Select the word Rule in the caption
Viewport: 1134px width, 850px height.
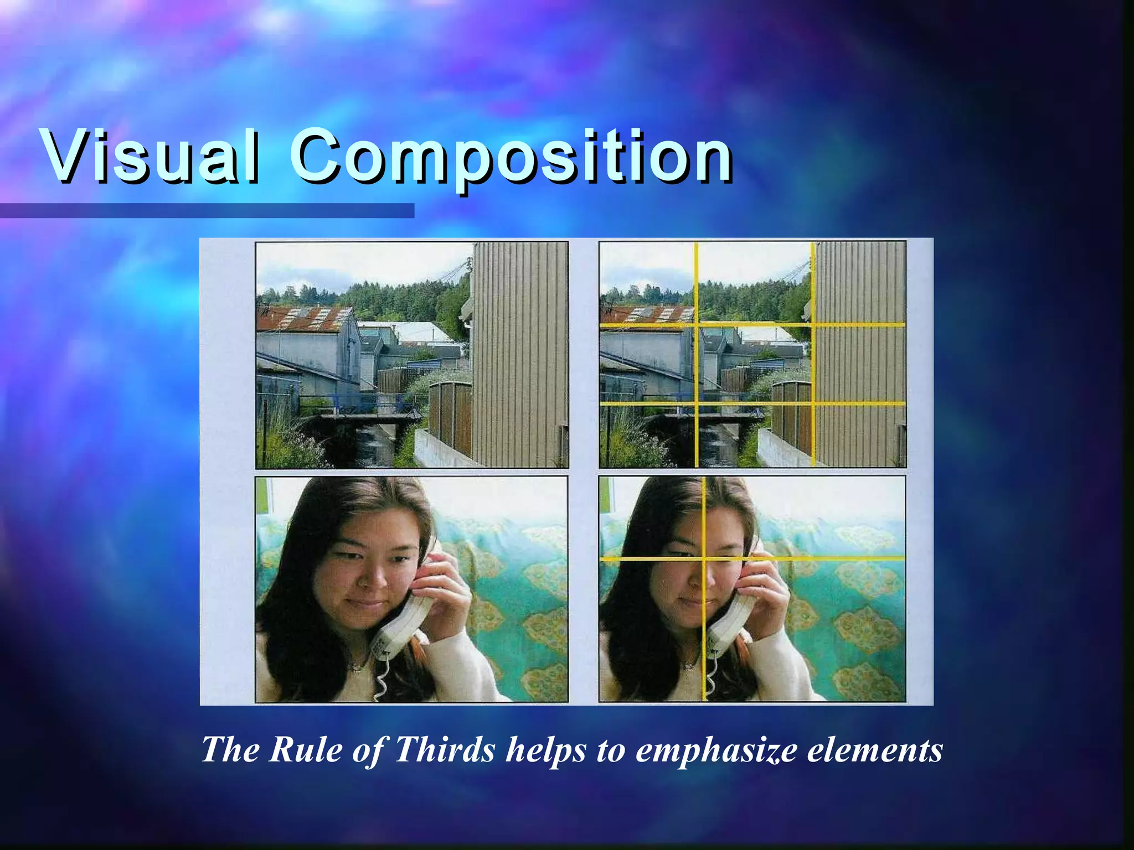[307, 750]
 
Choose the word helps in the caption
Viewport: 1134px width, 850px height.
[546, 750]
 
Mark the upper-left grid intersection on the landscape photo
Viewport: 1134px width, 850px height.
[697, 325]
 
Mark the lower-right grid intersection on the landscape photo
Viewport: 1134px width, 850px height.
[813, 403]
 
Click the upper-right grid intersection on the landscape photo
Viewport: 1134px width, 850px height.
[813, 325]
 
